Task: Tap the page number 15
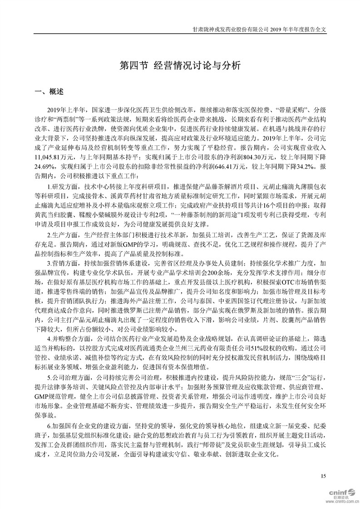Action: point(323,475)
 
